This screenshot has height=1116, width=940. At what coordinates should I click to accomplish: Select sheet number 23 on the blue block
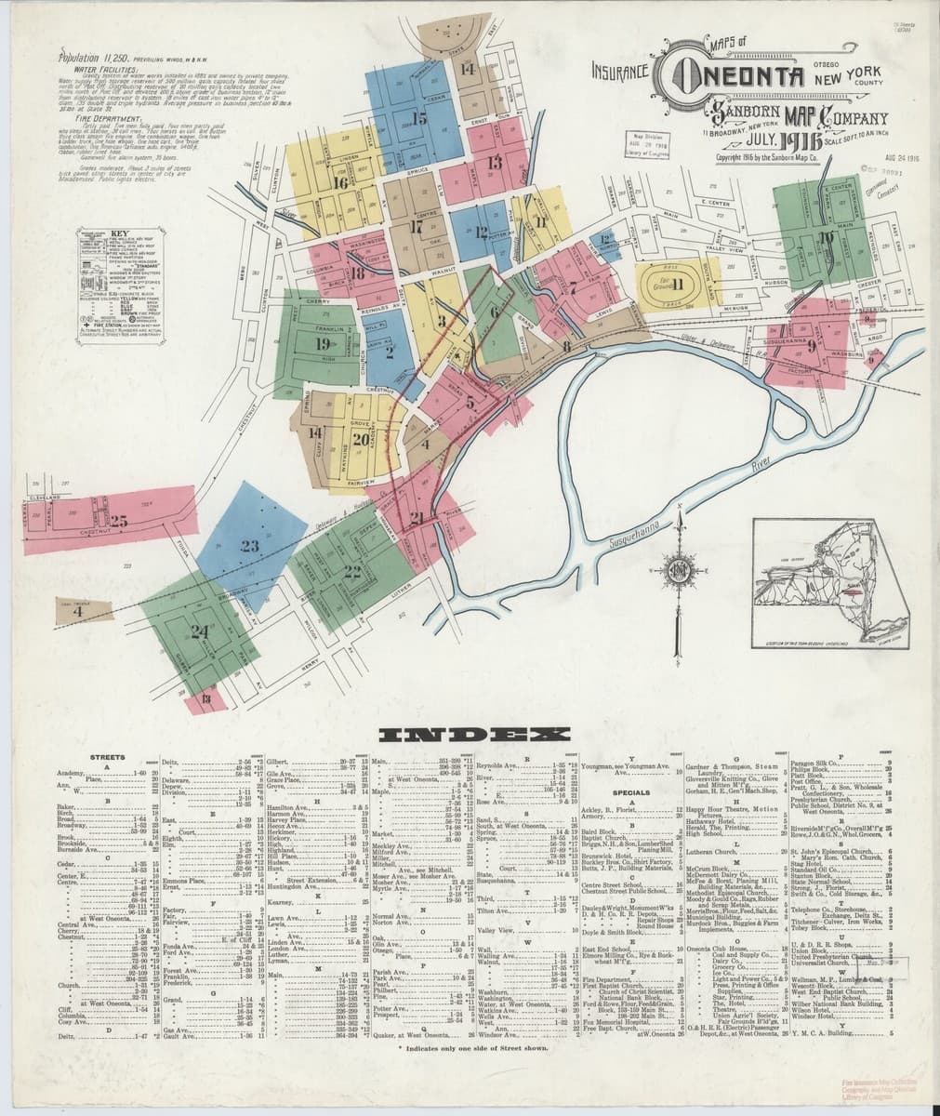(248, 546)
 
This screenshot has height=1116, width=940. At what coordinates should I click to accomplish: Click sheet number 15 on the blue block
(419, 118)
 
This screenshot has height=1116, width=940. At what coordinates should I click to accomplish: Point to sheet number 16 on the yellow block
(341, 183)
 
